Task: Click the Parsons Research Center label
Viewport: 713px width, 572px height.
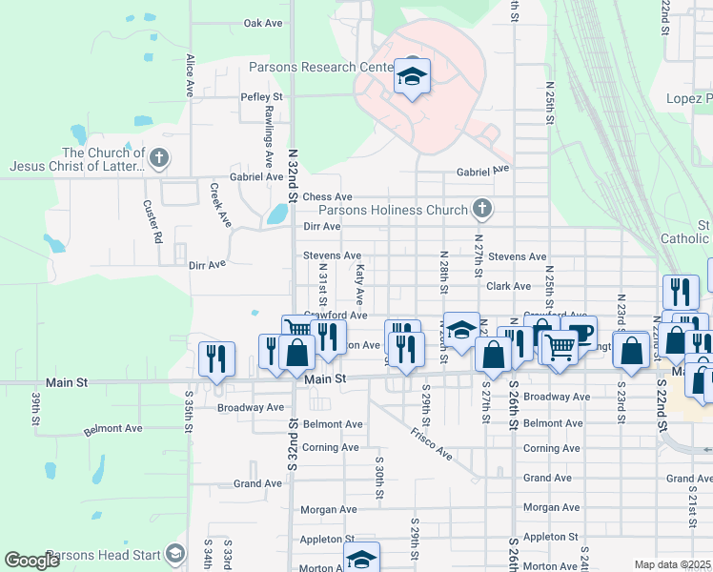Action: (x=320, y=68)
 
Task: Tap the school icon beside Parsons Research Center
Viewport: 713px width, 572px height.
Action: (x=412, y=76)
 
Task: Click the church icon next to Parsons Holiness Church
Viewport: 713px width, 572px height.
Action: (x=483, y=209)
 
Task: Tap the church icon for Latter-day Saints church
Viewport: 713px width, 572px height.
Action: (x=159, y=158)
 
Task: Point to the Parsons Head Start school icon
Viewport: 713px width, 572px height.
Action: (x=174, y=554)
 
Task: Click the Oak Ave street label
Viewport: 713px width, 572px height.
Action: (x=264, y=23)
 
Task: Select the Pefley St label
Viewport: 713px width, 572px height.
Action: (x=262, y=97)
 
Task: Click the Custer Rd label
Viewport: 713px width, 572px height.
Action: (x=153, y=220)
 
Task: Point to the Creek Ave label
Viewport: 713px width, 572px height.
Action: (x=220, y=205)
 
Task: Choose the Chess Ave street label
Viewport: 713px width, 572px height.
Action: (x=321, y=196)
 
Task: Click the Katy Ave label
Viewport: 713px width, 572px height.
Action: (x=359, y=283)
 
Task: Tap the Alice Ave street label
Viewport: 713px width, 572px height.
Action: (x=191, y=75)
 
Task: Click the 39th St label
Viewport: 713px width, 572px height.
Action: (x=35, y=407)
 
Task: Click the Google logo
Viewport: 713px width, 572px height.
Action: (x=32, y=561)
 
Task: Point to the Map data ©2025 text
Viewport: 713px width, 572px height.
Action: (x=672, y=564)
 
